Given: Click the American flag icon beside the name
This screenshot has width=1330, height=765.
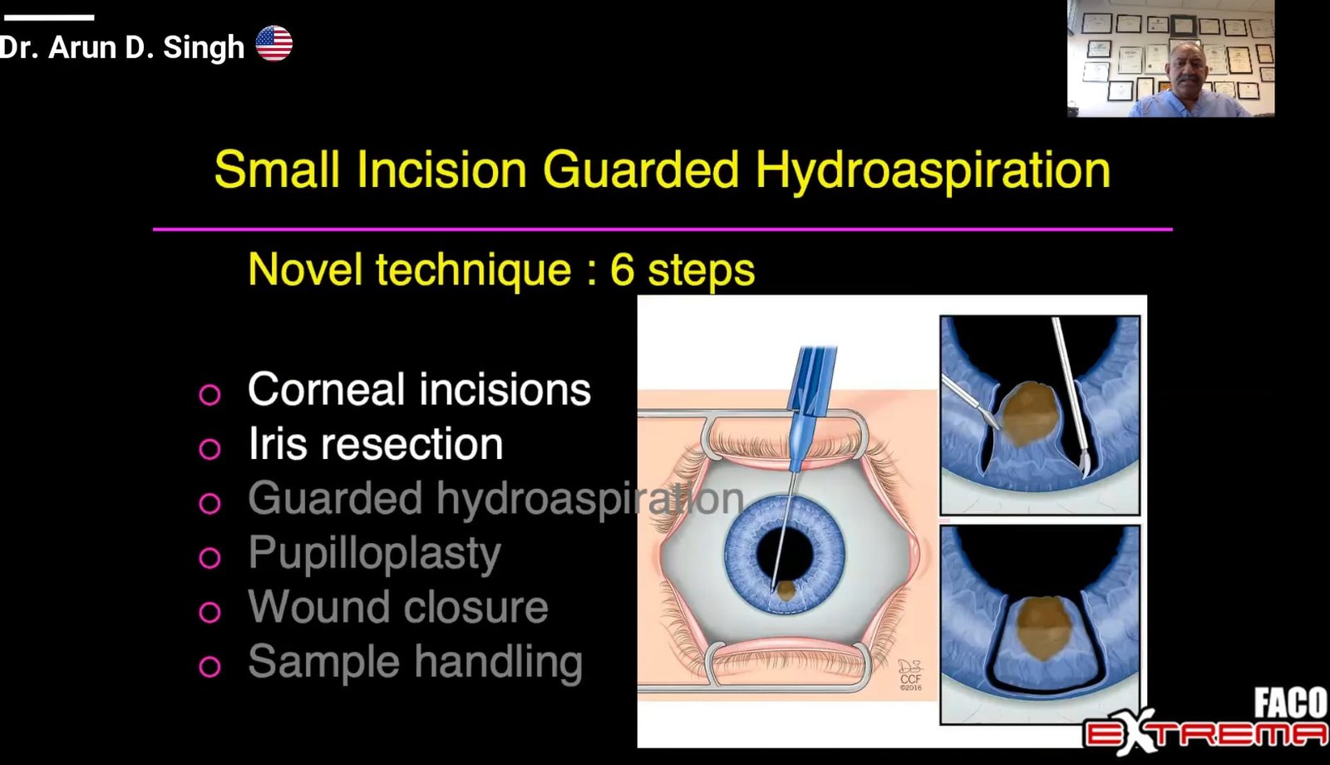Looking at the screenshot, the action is click(273, 43).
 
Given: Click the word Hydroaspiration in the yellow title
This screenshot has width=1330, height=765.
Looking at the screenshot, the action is click(932, 170).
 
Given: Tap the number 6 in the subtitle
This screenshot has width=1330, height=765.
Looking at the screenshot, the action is click(622, 269).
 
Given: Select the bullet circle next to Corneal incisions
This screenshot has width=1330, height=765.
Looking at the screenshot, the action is click(209, 394).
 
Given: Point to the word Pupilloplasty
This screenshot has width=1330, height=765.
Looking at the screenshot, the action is click(375, 554).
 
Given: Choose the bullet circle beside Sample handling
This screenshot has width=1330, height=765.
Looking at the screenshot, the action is click(209, 666).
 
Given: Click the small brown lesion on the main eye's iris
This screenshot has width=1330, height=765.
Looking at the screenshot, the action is click(786, 590).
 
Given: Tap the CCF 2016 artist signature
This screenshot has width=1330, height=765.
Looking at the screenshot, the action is click(910, 674).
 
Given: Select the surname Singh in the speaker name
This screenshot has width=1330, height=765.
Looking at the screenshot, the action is click(203, 47).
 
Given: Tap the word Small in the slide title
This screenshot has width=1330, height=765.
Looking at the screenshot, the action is click(277, 170).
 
